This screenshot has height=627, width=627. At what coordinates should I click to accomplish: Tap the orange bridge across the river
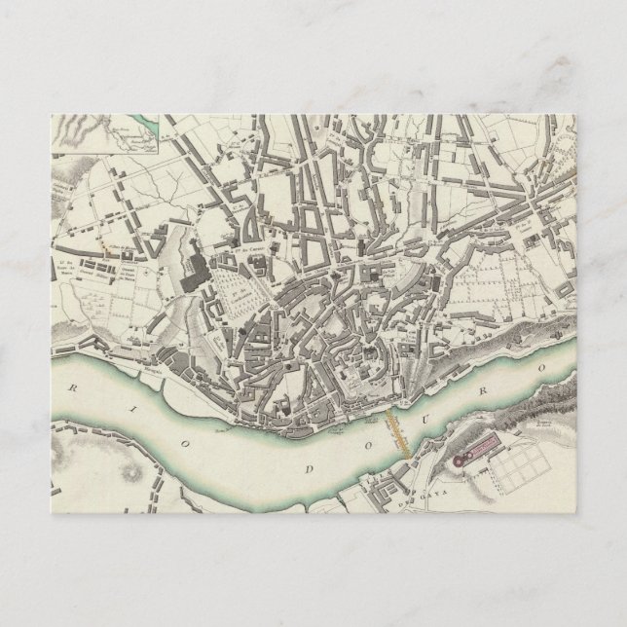point(394,428)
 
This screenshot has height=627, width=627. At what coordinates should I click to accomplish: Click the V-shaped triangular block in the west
point(245,230)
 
